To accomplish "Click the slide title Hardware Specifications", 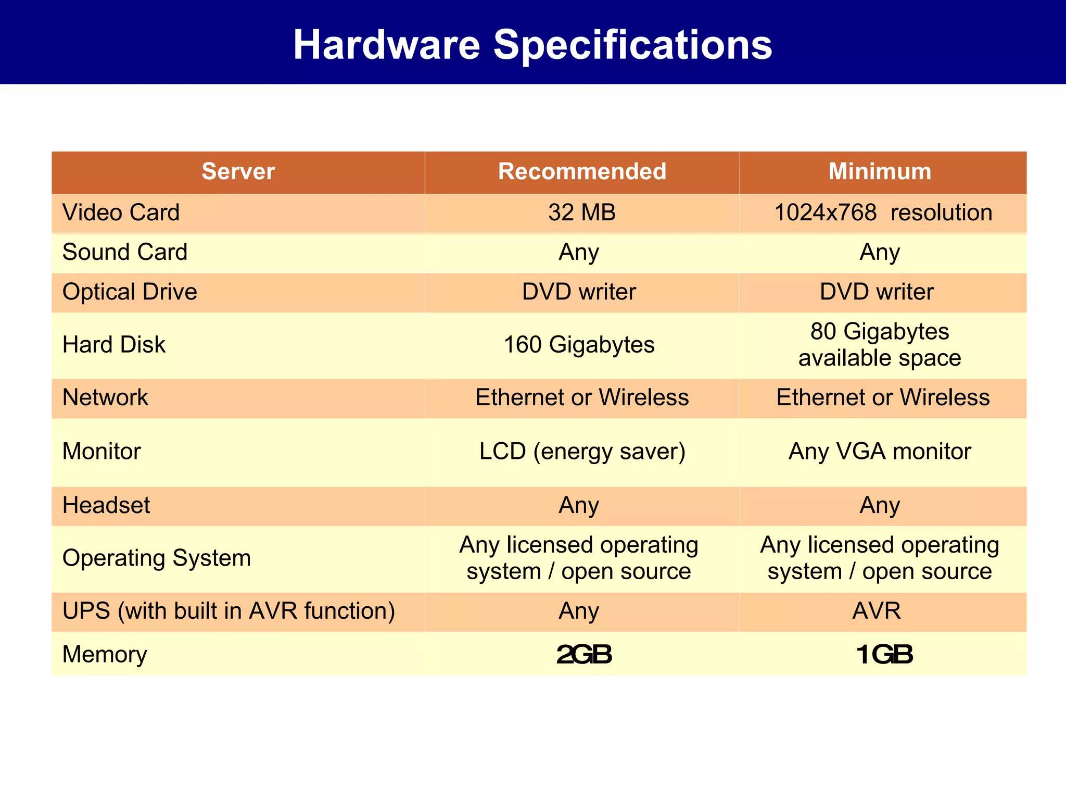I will tap(532, 45).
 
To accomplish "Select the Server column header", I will tap(238, 171).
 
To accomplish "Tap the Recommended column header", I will tap(582, 171).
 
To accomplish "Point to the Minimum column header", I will tap(880, 171).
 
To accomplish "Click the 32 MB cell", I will tap(582, 213).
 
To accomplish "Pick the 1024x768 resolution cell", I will tap(883, 213).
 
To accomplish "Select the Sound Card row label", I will tap(125, 252).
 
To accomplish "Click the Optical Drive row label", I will tap(130, 292).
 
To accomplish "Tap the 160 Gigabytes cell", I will tap(579, 345).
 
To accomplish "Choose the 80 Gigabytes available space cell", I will tap(880, 345).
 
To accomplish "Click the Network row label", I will tap(105, 397).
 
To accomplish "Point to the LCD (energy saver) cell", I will tap(582, 451).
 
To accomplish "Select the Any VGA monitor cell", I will tap(880, 451).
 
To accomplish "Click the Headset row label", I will tap(106, 505).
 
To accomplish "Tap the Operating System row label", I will tap(157, 558).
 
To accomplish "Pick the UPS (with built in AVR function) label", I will tap(229, 611).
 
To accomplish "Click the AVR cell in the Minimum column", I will tap(877, 611).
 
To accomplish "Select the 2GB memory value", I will tap(584, 655).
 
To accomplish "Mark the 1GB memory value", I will tap(884, 655).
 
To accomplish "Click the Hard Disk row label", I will tap(114, 345).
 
